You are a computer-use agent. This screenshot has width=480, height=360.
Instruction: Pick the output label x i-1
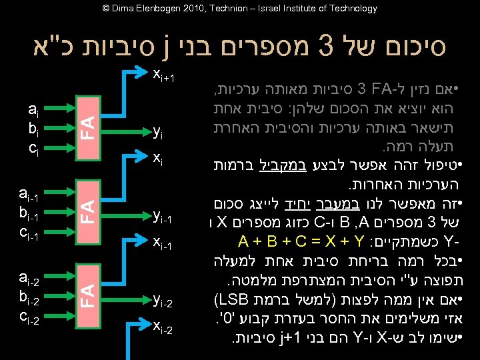[163, 245]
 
